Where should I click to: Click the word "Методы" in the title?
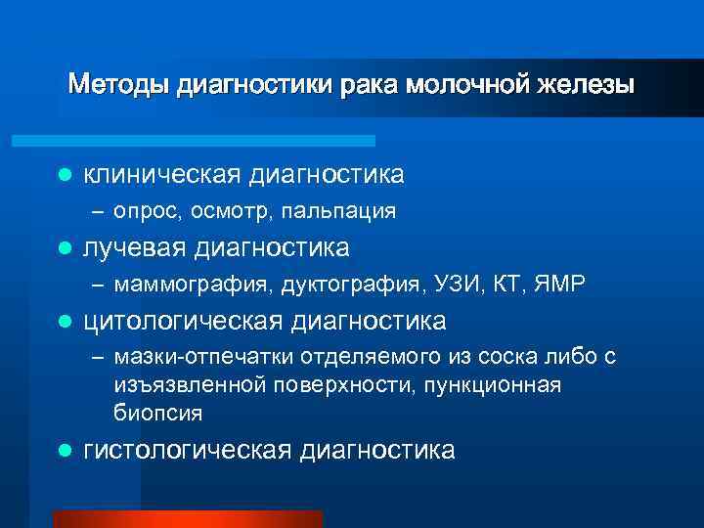tap(119, 84)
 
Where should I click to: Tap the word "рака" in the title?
tap(369, 84)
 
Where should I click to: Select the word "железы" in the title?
tap(586, 84)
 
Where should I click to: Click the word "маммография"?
tap(195, 286)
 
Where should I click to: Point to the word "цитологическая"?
tap(184, 322)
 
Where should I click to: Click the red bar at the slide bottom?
tap(187, 519)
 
